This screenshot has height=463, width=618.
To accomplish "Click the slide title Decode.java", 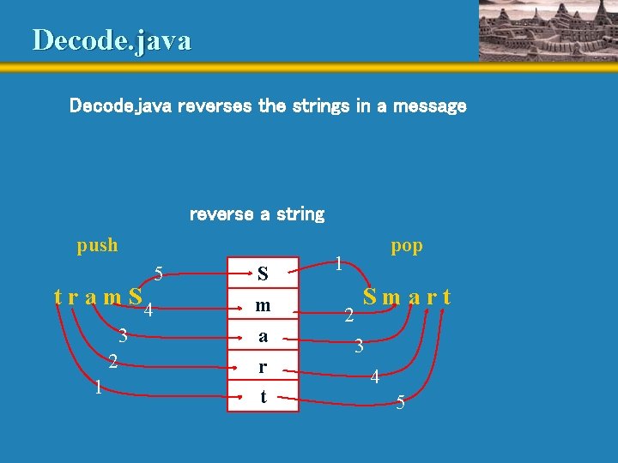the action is click(x=112, y=40).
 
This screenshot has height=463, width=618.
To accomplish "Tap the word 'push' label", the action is click(x=97, y=245).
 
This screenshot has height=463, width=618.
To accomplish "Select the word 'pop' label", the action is click(x=406, y=245).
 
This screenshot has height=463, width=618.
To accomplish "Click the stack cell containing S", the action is click(x=263, y=274).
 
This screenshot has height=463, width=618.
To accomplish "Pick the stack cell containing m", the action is click(x=263, y=305).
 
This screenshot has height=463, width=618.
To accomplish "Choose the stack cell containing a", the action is click(x=263, y=336).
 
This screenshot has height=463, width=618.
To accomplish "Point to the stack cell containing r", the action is click(x=263, y=366).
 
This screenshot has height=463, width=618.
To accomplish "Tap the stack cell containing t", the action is click(x=263, y=396).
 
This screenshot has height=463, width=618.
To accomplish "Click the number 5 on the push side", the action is click(x=159, y=274).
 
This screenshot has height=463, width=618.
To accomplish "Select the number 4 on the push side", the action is click(x=148, y=310).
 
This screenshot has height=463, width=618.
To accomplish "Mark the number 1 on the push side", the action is click(x=100, y=388).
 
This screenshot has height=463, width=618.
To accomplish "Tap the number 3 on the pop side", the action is click(x=360, y=346).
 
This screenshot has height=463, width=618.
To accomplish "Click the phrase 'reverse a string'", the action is click(x=257, y=213).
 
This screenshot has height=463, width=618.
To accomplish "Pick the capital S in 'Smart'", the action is click(x=371, y=298).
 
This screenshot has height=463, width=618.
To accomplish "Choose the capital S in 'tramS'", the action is click(x=135, y=298).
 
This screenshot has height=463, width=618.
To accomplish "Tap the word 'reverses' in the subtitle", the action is click(x=215, y=106).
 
